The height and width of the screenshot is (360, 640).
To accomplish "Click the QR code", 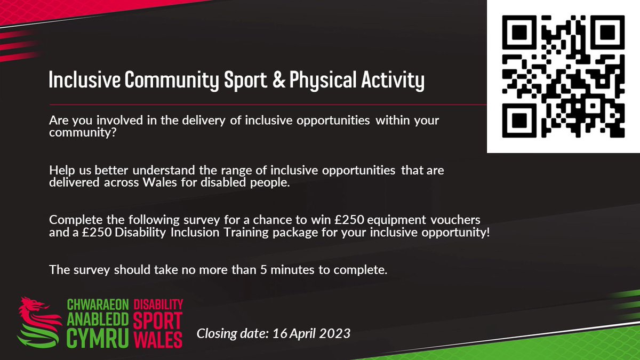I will (x=564, y=76).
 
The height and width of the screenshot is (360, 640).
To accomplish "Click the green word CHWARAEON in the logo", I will (x=98, y=305).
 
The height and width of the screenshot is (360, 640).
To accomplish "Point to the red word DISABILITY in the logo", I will (x=158, y=305).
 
